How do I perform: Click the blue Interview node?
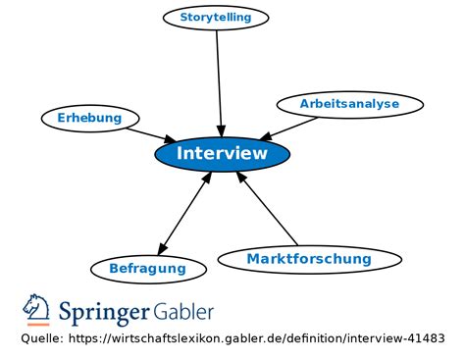click(x=222, y=154)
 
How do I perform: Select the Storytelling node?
click(x=215, y=18)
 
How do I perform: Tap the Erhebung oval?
click(x=89, y=118)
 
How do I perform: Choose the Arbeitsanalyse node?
click(x=349, y=103)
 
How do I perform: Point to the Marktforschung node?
click(x=309, y=259)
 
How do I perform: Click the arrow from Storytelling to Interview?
click(x=219, y=78)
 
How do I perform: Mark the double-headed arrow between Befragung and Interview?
click(x=185, y=212)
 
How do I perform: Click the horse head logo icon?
click(x=36, y=307)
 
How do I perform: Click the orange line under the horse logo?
click(x=36, y=324)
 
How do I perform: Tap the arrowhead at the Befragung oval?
click(x=160, y=250)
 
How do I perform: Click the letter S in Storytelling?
click(x=184, y=18)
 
